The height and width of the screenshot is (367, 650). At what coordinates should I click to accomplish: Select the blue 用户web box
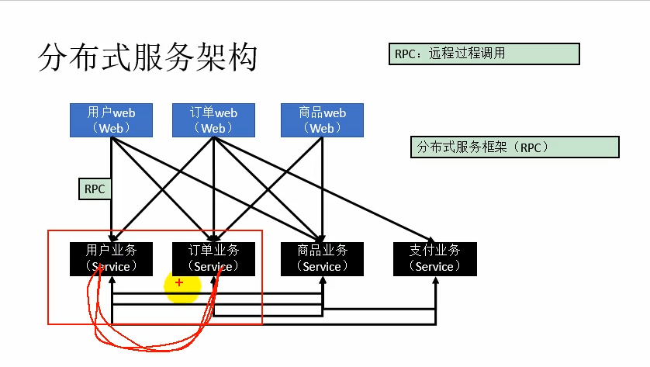click(111, 120)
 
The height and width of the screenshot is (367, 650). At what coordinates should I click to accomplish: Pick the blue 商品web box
click(322, 120)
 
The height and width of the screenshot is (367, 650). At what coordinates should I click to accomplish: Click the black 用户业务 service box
click(112, 258)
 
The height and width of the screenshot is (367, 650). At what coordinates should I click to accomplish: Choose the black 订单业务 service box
click(214, 258)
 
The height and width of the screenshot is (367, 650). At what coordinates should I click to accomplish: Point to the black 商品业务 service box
click(321, 258)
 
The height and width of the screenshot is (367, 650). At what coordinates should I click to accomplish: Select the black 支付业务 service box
click(434, 258)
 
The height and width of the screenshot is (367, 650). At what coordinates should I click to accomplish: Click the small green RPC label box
click(95, 189)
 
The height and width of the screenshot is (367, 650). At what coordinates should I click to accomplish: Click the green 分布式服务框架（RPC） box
click(514, 147)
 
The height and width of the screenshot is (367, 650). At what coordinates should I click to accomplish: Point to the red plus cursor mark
click(179, 282)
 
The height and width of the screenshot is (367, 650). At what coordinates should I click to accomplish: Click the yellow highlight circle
click(183, 288)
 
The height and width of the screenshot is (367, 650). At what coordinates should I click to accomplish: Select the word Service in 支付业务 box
click(434, 267)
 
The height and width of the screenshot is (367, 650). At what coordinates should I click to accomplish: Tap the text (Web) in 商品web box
click(322, 129)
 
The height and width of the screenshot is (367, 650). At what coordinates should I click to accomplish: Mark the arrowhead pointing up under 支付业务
click(435, 280)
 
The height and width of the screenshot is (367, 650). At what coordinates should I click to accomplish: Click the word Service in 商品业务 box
click(321, 267)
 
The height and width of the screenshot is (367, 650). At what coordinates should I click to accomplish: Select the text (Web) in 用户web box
click(111, 129)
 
